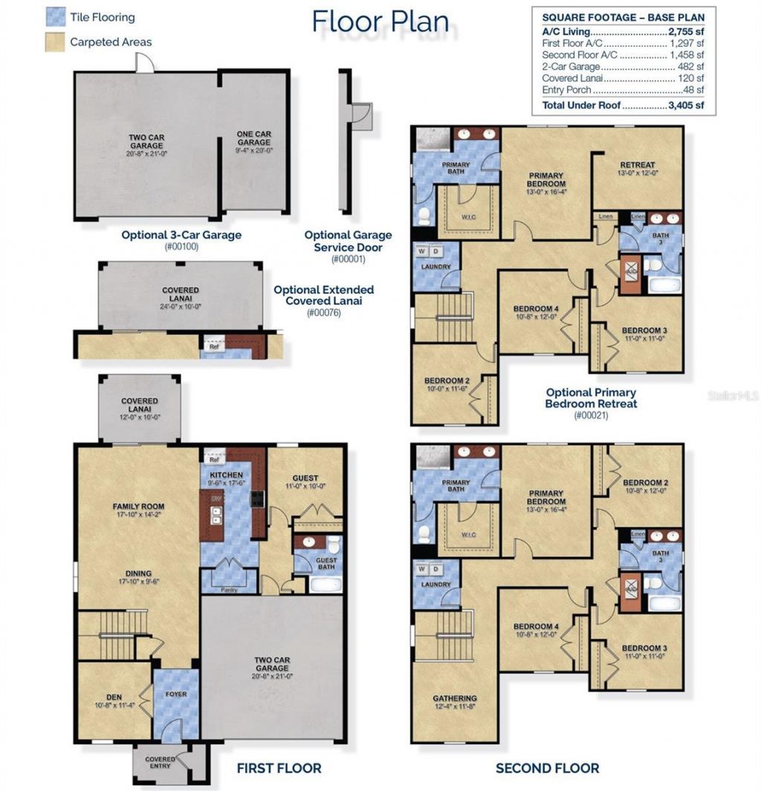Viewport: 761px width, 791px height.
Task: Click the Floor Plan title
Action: (380, 22)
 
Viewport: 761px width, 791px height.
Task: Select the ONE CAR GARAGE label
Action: (253, 138)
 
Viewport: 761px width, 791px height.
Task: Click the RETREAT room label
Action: (637, 165)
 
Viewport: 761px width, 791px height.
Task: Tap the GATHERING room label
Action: (455, 698)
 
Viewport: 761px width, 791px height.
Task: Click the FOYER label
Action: (176, 694)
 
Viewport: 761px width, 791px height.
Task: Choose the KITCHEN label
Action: (226, 474)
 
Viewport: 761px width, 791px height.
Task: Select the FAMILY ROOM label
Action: (138, 507)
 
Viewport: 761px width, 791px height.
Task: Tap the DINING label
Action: (138, 573)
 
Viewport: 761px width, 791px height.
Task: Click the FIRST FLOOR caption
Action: (279, 768)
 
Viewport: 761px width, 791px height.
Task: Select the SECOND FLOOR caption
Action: (547, 768)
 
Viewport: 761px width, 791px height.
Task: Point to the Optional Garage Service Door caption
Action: (348, 241)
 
